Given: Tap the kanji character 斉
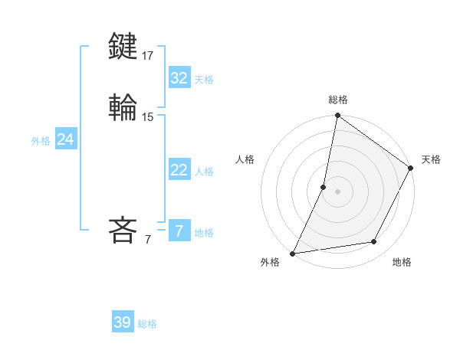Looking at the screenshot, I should tap(123, 230).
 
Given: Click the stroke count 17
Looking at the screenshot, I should tap(148, 56).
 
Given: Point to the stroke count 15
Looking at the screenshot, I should tap(148, 117).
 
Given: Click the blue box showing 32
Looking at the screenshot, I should tap(179, 78).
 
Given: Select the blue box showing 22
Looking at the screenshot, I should tap(179, 170).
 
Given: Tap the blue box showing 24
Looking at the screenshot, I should tap(66, 139).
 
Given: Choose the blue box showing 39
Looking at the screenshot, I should tap(123, 322).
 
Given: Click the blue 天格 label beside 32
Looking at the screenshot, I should tap(204, 80).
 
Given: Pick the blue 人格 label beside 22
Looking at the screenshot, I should tap(204, 172).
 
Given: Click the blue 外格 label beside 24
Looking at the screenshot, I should tap(41, 141).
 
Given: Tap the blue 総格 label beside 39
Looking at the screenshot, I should tap(147, 324).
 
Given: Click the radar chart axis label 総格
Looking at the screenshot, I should tap(338, 100).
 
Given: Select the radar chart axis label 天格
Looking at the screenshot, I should tap(431, 159).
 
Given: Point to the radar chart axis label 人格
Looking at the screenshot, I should tap(245, 159).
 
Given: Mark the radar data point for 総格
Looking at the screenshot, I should tap(337, 116).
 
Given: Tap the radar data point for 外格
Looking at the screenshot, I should tap(293, 253).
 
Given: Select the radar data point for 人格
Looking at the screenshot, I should tap(324, 187).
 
